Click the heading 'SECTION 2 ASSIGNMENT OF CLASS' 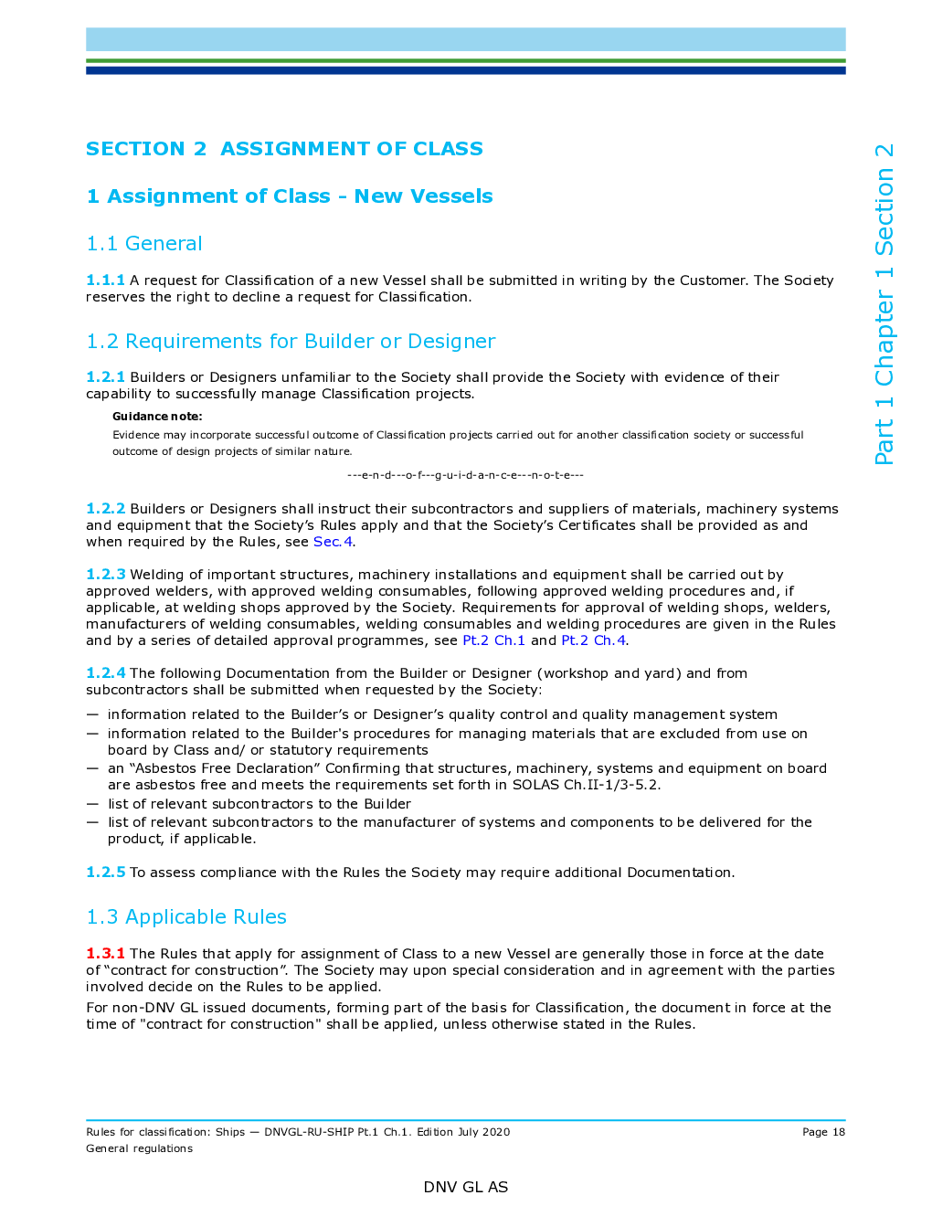[284, 149]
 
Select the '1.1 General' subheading [144, 244]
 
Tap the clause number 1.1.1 [105, 280]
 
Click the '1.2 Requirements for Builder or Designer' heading [291, 342]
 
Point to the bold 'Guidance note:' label [157, 417]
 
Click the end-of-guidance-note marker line [465, 475]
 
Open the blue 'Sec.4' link [334, 542]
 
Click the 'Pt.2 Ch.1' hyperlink [493, 640]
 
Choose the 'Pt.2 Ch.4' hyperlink [593, 640]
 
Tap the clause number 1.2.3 [105, 575]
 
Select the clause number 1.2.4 [105, 673]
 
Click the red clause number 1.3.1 [105, 954]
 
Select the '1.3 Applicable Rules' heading [186, 917]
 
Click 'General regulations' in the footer [139, 1148]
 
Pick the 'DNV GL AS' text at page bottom [466, 1187]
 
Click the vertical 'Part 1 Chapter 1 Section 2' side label [884, 304]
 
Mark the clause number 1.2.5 [105, 873]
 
